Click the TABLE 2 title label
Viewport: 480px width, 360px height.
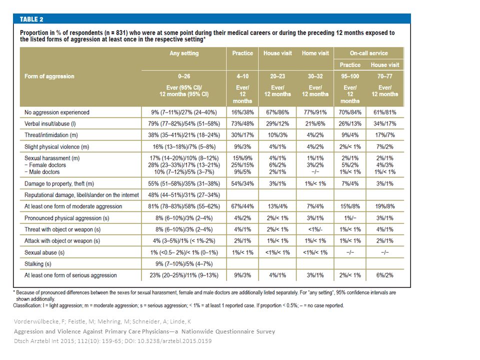(31, 19)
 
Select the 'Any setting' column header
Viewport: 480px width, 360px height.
(184, 53)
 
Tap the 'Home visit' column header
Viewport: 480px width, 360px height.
(315, 53)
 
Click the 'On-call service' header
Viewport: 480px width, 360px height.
(369, 53)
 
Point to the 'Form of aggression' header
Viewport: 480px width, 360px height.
(49, 76)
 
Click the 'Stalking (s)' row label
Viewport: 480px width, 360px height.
(38, 264)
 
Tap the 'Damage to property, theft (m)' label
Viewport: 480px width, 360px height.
(59, 183)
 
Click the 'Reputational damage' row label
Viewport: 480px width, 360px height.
(81, 195)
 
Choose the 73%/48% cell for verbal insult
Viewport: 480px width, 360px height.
(242, 123)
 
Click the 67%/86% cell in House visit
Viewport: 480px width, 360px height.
(277, 112)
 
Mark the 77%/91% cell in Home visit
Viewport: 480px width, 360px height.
(315, 112)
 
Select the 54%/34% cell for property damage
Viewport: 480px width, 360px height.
(242, 183)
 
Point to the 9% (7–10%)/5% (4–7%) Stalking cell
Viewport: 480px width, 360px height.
(184, 264)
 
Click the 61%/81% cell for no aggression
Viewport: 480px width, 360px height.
(385, 112)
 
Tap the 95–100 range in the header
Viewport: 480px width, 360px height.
(350, 76)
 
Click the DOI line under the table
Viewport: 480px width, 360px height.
(112, 341)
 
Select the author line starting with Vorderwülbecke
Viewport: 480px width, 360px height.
(102, 321)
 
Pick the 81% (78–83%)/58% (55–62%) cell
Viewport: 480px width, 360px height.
(184, 206)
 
